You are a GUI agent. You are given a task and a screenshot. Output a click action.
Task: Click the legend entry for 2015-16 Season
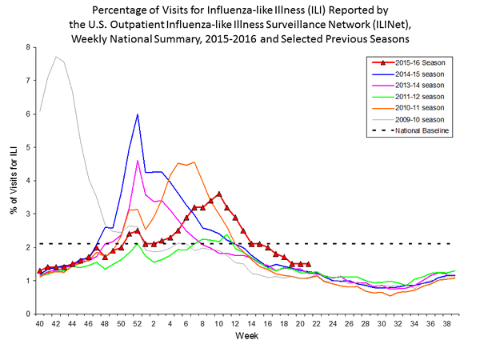420,62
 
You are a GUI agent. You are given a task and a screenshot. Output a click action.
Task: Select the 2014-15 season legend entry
420,74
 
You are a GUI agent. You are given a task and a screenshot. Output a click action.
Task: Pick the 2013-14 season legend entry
420,85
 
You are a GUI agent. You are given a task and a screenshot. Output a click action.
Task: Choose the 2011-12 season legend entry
420,97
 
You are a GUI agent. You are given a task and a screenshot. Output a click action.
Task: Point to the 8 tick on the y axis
28,47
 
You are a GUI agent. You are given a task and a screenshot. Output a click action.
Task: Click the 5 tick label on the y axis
28,147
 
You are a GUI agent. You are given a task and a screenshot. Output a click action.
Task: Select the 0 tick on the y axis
28,314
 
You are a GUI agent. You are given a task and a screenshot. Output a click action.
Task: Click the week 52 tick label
138,323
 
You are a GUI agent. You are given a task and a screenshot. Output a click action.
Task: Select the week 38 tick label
446,323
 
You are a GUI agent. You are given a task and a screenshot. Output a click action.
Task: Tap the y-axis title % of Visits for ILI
14,181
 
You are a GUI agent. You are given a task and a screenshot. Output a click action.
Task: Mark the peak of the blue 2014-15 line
138,114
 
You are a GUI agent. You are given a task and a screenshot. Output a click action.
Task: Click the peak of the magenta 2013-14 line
138,161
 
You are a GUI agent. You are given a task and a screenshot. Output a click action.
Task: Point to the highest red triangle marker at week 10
219,194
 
